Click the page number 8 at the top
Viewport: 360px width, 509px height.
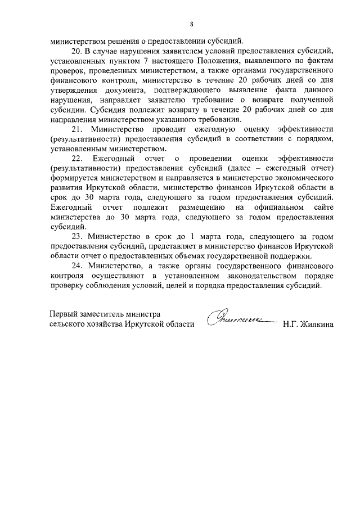coord(191,24)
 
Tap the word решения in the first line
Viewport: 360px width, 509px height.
coord(126,40)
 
